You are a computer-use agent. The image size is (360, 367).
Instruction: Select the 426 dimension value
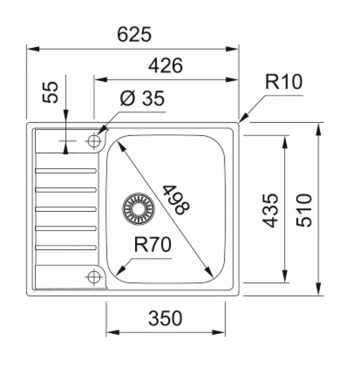[166, 67]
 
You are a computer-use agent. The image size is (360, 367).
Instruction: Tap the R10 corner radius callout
[284, 83]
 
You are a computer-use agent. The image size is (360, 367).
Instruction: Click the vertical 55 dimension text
[51, 92]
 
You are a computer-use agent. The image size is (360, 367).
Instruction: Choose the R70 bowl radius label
[153, 245]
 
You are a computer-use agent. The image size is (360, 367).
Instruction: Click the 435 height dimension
[271, 210]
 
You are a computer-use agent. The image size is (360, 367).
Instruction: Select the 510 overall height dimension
[305, 210]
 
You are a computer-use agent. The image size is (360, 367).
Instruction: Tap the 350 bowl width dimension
[166, 318]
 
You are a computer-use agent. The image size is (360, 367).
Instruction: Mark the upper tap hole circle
[94, 140]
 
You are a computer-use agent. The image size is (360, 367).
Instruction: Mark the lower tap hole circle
[94, 277]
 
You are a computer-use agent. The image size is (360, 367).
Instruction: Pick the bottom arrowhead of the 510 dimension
[318, 291]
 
